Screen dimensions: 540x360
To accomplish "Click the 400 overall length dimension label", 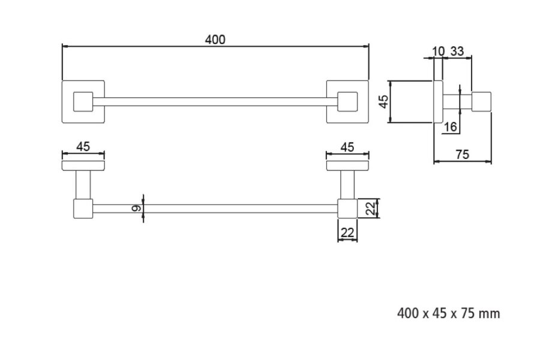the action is click(215, 40).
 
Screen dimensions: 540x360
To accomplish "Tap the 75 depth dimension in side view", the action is click(462, 154).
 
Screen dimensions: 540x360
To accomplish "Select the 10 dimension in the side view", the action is click(439, 52).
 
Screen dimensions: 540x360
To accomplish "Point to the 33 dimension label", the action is click(457, 52).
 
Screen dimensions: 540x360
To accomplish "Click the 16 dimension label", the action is click(450, 127).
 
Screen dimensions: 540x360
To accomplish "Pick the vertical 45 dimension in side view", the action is click(383, 101).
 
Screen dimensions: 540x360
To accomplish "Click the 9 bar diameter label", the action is click(136, 208).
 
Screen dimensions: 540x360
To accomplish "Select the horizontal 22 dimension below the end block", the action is click(347, 233).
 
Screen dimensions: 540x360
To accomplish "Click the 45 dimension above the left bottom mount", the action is click(83, 147).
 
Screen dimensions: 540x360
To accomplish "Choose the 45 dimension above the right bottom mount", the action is click(347, 148).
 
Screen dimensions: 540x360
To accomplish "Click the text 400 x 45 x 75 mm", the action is click(448, 313).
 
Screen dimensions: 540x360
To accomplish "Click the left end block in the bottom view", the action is click(83, 208).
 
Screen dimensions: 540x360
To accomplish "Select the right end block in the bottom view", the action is click(347, 208).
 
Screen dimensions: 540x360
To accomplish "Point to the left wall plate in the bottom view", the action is click(83, 166).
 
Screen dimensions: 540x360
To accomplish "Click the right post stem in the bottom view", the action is click(347, 185).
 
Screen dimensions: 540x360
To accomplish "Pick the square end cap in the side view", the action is click(481, 101).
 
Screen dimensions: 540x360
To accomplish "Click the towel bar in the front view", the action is click(215, 101).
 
